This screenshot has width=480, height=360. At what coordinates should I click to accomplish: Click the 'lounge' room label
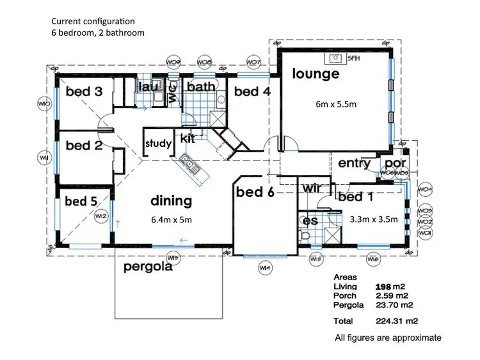(x=316, y=74)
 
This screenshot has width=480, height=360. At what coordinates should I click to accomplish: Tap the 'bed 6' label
(x=255, y=192)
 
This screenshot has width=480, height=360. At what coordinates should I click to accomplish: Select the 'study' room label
(x=158, y=143)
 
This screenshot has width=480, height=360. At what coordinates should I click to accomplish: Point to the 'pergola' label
(x=148, y=267)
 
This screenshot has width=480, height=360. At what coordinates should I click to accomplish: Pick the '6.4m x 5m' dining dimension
(x=172, y=219)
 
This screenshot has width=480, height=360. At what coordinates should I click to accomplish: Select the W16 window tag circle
(x=374, y=259)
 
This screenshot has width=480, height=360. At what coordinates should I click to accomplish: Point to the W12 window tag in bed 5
(x=100, y=217)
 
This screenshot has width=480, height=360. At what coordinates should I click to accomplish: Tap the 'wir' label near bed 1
(x=311, y=189)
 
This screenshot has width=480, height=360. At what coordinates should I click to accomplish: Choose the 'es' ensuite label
(x=310, y=221)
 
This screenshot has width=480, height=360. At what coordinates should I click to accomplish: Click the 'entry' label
(x=355, y=164)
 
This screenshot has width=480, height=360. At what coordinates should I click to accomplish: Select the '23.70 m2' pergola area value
(x=393, y=305)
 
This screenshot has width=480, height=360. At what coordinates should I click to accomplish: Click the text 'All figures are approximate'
(x=388, y=337)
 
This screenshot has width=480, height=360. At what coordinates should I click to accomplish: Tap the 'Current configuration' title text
(x=93, y=21)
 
